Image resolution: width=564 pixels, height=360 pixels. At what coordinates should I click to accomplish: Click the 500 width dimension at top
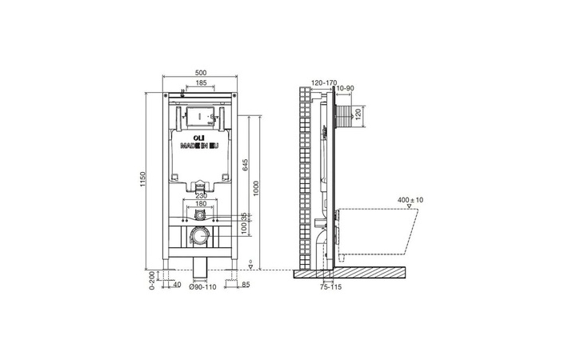[x=201, y=71]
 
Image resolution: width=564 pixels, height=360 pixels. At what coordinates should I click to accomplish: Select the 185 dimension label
[x=201, y=82]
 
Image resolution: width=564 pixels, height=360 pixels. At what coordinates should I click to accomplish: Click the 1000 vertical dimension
[x=257, y=188]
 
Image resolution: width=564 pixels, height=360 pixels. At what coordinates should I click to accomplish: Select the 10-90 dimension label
[x=346, y=89]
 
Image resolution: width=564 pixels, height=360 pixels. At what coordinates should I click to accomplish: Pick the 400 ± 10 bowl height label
[x=410, y=199]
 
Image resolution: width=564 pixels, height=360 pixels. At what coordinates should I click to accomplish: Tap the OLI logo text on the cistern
[x=187, y=138]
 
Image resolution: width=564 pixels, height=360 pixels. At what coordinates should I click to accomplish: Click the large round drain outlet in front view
[x=201, y=238]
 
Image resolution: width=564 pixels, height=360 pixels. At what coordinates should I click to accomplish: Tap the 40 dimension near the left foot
[x=176, y=283]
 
